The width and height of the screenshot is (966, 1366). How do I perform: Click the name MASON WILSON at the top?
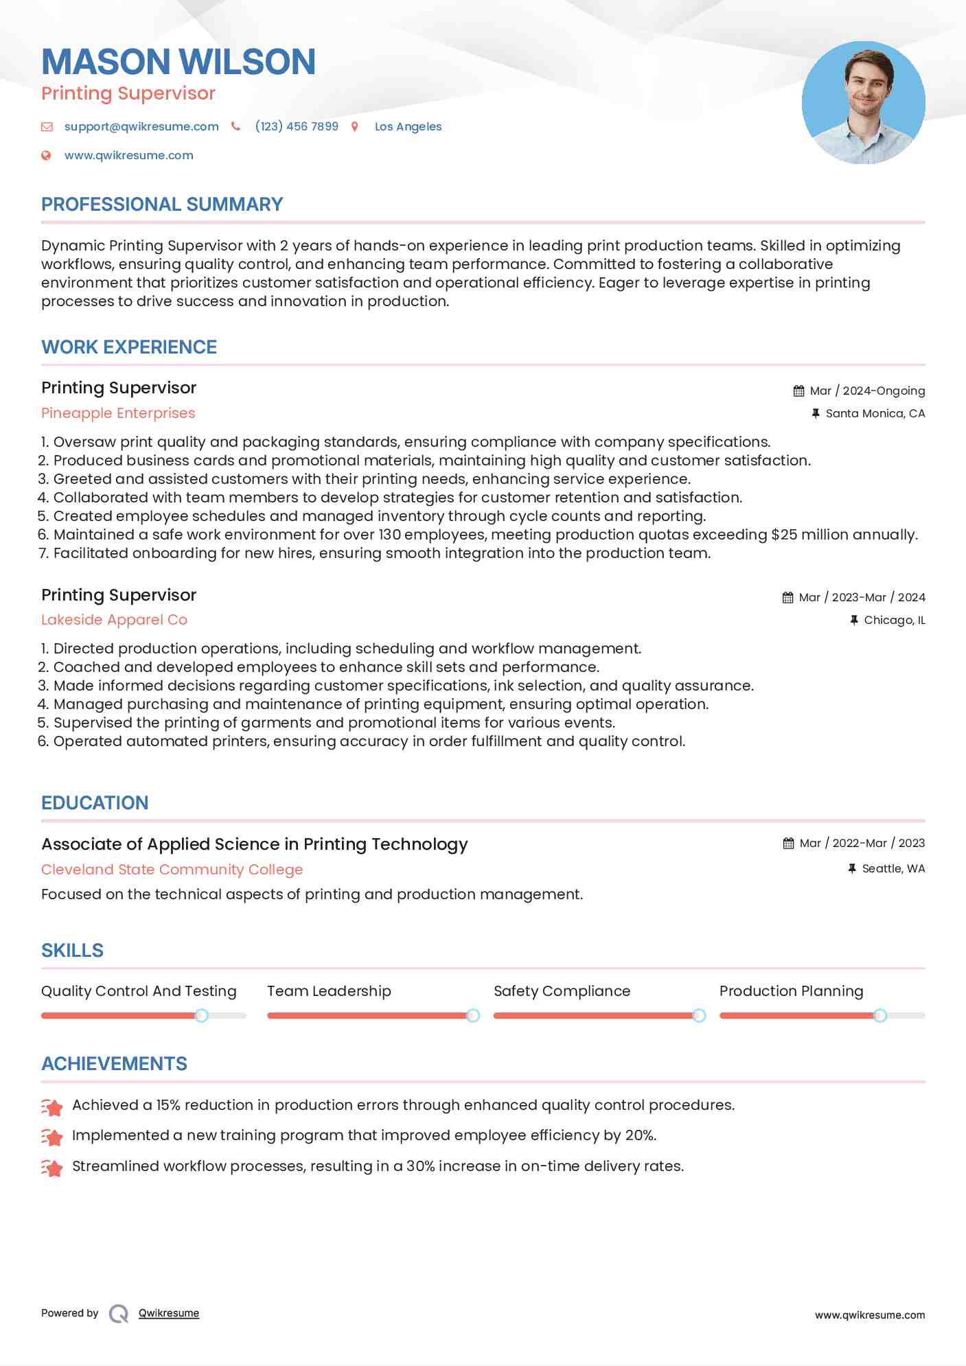click(179, 62)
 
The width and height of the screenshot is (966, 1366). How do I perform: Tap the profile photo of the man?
click(863, 103)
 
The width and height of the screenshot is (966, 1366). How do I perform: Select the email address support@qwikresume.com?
click(141, 126)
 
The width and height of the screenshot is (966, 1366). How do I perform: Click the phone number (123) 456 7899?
click(297, 126)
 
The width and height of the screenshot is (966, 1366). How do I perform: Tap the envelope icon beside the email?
click(47, 126)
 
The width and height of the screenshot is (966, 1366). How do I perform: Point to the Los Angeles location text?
click(408, 126)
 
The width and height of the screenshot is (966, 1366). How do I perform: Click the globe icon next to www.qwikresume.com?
click(46, 155)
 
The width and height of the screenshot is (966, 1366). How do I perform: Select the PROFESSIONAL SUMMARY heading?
click(162, 204)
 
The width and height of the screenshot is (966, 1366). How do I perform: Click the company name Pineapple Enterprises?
click(118, 413)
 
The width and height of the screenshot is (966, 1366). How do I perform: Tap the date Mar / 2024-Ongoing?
click(867, 391)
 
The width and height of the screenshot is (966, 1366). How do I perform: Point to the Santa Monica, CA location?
click(875, 413)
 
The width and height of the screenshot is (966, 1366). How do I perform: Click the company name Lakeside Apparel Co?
click(114, 620)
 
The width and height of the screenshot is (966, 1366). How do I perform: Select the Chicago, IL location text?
click(894, 620)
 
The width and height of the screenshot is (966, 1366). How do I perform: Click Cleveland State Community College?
click(172, 869)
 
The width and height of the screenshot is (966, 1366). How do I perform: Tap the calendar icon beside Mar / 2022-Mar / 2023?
click(788, 843)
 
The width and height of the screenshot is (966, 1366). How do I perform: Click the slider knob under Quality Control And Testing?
click(201, 1015)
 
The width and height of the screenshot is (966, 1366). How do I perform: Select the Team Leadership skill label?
click(329, 991)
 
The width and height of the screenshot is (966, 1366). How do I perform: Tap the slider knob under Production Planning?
click(879, 1015)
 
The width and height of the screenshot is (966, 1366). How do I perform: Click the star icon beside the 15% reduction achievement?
click(52, 1106)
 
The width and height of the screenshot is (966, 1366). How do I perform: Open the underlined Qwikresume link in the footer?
click(169, 1313)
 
